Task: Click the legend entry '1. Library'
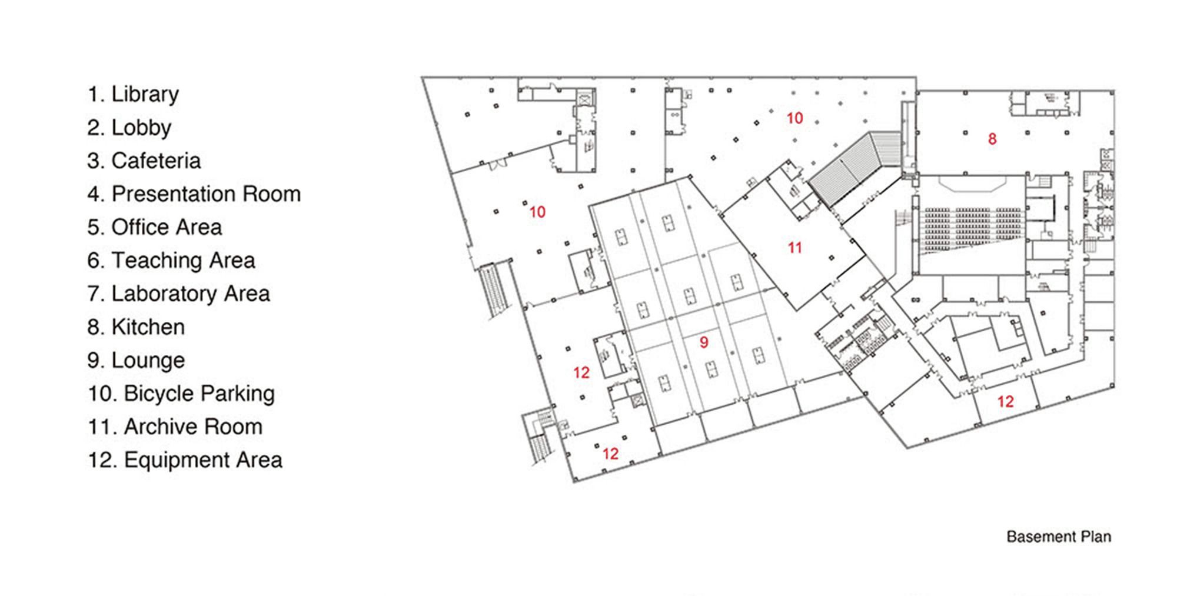click(x=133, y=94)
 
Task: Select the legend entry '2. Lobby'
click(x=129, y=128)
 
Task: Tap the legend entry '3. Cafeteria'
click(x=144, y=161)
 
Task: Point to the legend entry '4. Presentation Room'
click(x=194, y=194)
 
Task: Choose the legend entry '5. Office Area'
click(x=155, y=227)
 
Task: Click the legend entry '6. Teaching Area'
click(x=171, y=261)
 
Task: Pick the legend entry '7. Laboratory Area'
click(x=179, y=294)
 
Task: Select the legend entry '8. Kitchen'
click(x=136, y=327)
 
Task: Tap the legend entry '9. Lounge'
click(x=136, y=360)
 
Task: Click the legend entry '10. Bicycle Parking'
click(x=181, y=394)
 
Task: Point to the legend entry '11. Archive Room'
click(x=175, y=427)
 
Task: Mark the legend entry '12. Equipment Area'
click(x=185, y=460)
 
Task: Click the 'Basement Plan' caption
click(x=1059, y=537)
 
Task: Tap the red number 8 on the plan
click(x=992, y=139)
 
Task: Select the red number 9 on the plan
click(x=704, y=342)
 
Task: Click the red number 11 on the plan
click(x=795, y=248)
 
